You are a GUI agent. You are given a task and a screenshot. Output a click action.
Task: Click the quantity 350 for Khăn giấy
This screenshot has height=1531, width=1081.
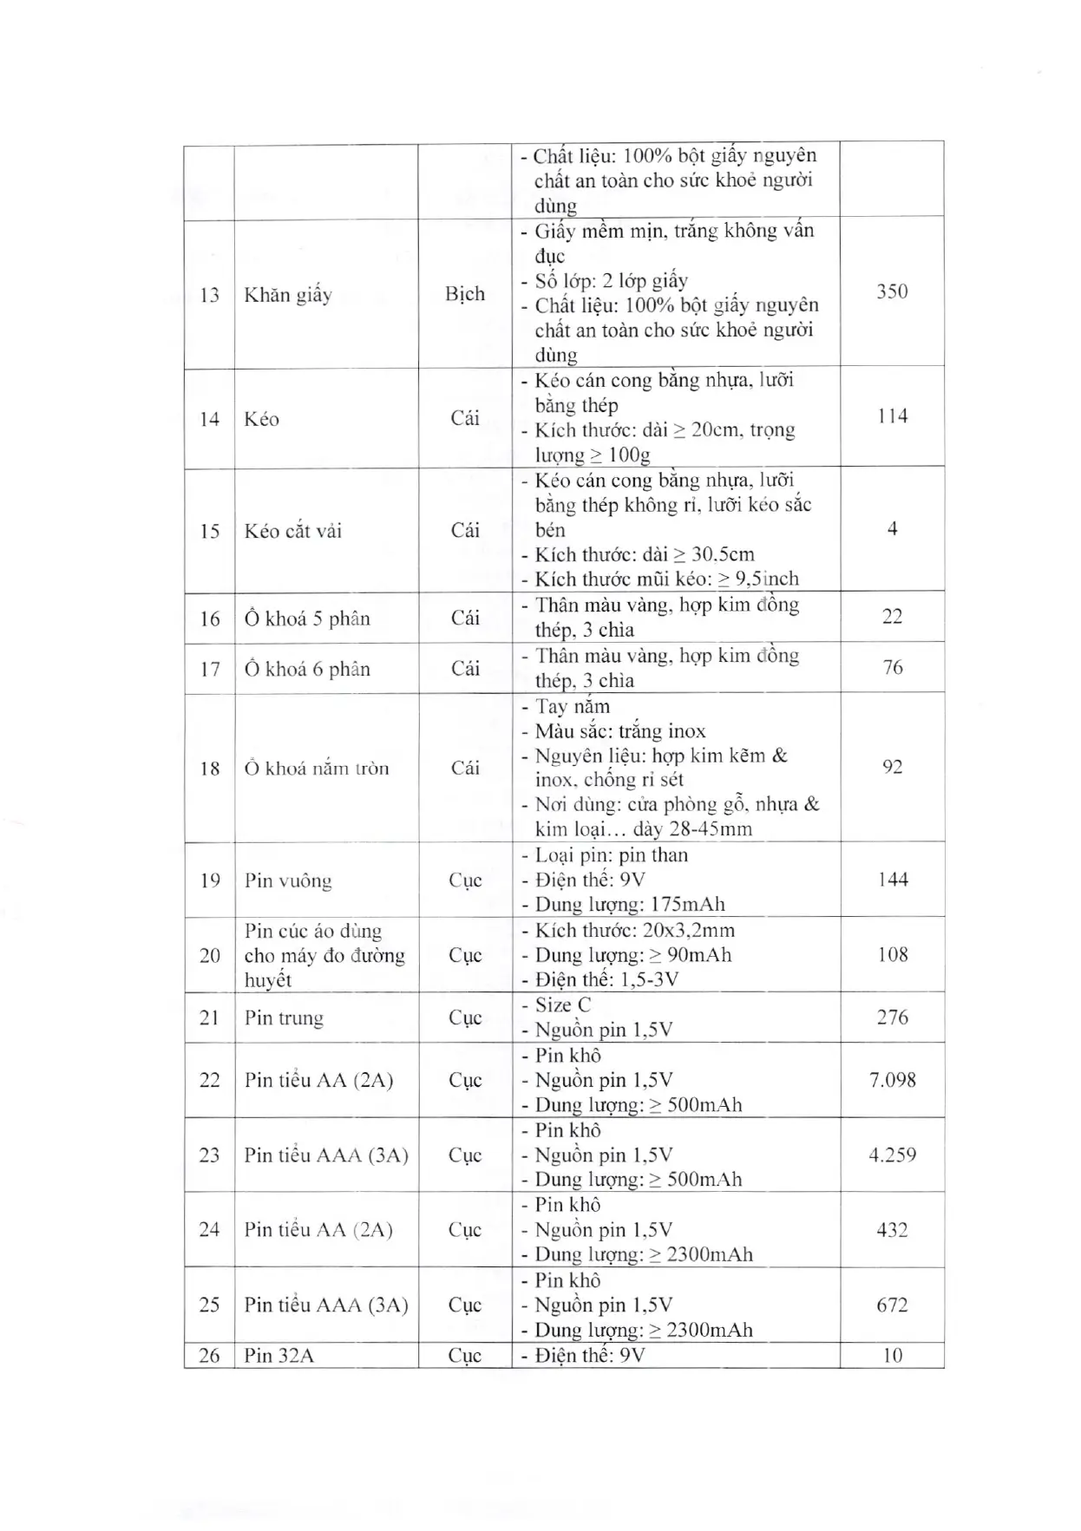(x=892, y=291)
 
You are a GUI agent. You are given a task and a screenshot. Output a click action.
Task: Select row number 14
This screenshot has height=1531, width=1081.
(x=209, y=420)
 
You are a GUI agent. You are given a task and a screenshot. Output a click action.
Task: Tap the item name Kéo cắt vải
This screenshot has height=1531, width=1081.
(x=293, y=531)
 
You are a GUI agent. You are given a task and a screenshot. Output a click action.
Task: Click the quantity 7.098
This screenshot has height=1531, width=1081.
(x=892, y=1080)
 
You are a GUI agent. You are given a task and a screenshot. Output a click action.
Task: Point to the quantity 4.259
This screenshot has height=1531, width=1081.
(x=892, y=1155)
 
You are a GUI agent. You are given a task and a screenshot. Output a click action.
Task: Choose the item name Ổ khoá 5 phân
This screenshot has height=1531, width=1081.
(x=307, y=618)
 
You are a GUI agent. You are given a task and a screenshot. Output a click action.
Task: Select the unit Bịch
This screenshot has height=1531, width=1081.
(x=465, y=294)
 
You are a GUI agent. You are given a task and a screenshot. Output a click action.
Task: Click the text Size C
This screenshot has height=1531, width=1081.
(x=563, y=1005)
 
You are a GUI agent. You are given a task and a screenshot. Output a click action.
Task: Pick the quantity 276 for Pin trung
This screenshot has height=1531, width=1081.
(x=892, y=1017)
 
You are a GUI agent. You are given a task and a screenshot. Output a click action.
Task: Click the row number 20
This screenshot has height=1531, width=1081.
(x=209, y=956)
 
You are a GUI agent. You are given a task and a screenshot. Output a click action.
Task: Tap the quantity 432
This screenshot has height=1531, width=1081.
(x=892, y=1230)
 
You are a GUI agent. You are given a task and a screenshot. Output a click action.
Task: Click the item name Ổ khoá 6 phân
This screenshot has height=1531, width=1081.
(x=307, y=669)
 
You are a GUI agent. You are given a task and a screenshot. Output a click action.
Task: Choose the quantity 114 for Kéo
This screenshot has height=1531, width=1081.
(x=892, y=416)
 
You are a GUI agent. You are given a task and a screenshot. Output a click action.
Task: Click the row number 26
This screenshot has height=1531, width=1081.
(x=209, y=1356)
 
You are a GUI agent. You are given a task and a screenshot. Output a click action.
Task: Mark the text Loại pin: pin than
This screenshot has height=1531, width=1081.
(x=612, y=855)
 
